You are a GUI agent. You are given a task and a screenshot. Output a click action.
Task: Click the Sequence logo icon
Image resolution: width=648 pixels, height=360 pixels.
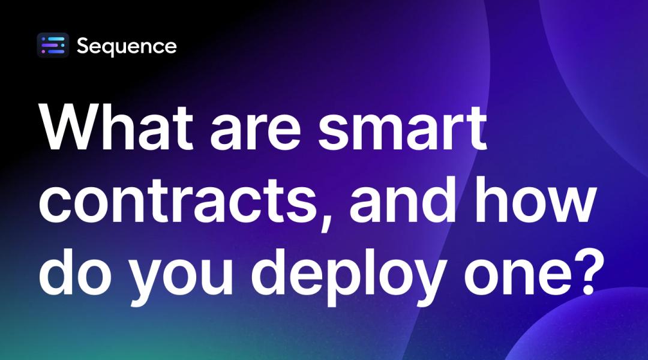[x=53, y=46]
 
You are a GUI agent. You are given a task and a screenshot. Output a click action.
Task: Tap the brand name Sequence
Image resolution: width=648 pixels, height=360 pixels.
[x=127, y=46]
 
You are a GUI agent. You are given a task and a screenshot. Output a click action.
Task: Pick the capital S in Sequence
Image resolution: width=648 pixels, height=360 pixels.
[x=83, y=46]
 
